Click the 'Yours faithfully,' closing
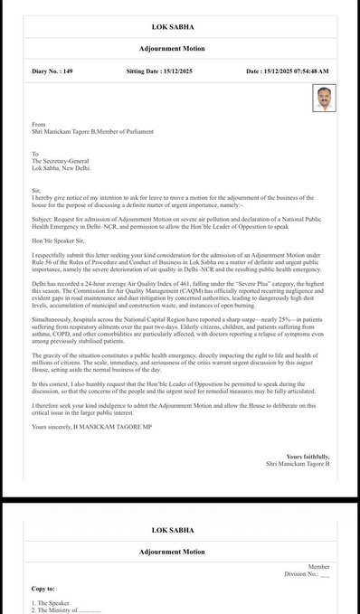pyautogui.click(x=307, y=458)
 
